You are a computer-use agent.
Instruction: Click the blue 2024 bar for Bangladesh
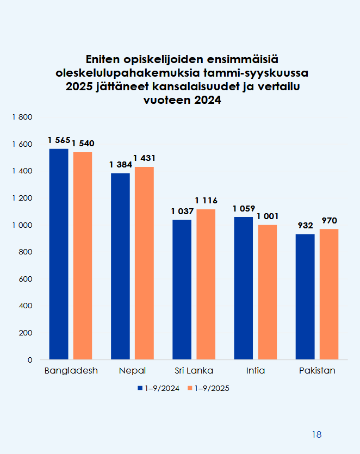(x=59, y=254)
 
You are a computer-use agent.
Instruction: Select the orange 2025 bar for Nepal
(x=144, y=263)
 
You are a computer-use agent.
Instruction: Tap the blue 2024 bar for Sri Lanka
(x=182, y=289)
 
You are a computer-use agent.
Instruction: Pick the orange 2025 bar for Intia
(x=268, y=292)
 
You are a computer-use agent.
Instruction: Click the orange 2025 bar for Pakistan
(x=329, y=294)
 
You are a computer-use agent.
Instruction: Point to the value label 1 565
(x=58, y=140)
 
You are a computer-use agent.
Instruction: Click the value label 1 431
(x=145, y=158)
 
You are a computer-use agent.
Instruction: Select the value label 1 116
(x=206, y=201)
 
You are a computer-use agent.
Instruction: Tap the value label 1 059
(x=243, y=208)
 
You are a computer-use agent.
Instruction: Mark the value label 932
(x=305, y=225)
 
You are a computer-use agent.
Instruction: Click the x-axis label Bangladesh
(x=71, y=371)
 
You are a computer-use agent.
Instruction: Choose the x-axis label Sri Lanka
(x=194, y=371)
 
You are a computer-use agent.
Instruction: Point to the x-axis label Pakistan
(x=317, y=371)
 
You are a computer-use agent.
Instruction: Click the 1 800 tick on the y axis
(x=23, y=117)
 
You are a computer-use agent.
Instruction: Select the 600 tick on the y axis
(x=27, y=279)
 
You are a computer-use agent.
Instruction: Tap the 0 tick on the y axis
(x=30, y=360)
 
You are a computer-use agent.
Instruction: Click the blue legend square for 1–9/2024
(x=140, y=388)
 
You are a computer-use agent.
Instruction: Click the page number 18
(x=317, y=434)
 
